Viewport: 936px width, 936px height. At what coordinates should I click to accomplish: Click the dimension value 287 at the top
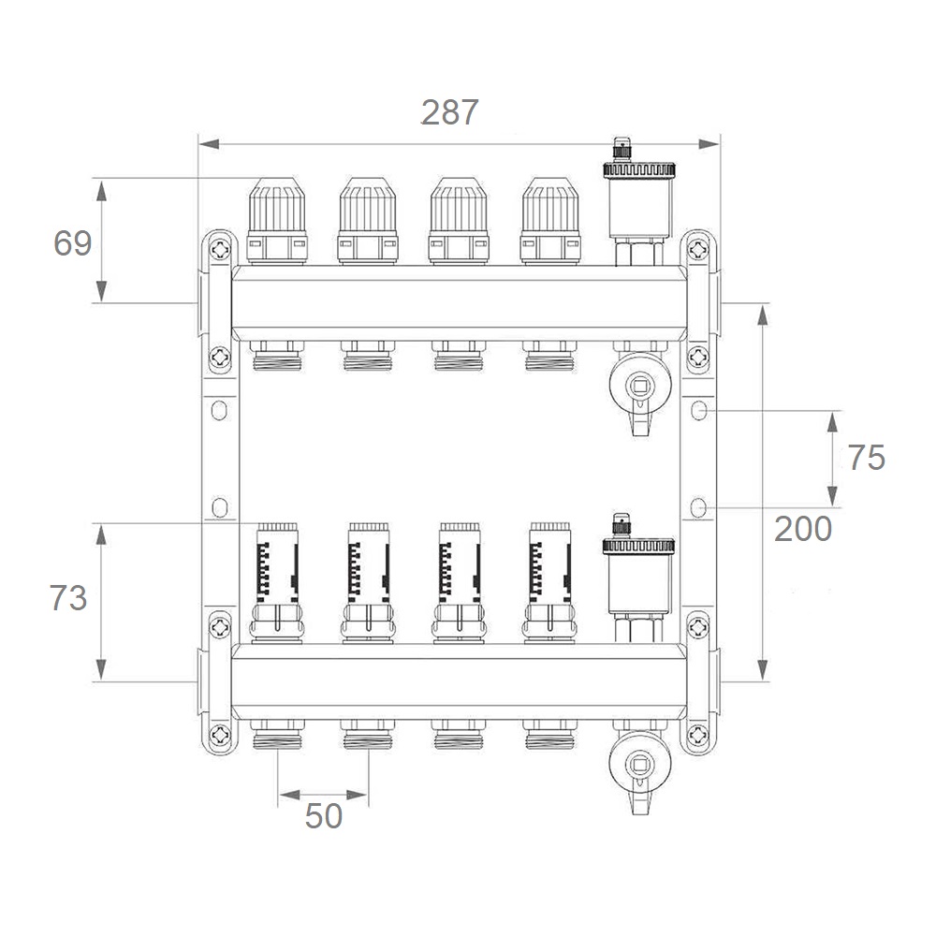449,111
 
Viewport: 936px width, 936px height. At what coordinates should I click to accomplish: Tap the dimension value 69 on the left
73,243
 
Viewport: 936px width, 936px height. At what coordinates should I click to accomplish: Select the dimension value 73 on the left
68,597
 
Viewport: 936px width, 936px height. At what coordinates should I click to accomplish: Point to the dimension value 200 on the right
803,529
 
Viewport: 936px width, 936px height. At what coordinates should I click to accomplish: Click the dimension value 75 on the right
866,458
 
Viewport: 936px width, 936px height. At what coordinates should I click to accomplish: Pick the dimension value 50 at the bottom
324,816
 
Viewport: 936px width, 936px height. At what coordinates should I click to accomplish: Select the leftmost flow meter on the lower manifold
277,583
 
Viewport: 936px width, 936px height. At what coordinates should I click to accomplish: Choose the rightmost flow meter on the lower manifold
549,583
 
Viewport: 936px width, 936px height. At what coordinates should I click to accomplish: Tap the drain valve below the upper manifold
640,389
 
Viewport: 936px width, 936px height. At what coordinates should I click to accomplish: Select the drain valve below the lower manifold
640,768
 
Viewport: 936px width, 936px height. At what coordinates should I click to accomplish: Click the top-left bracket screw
220,249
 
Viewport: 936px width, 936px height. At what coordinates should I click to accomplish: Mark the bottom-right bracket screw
698,736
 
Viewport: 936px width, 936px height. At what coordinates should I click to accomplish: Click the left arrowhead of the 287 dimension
209,144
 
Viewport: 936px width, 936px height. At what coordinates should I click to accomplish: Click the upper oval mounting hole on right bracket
698,410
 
